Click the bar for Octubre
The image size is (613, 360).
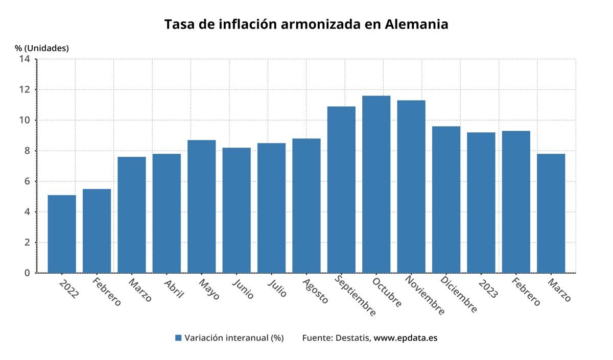coord(376,184)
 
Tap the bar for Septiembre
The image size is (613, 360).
coord(341,189)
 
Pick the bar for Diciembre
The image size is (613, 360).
coord(446,200)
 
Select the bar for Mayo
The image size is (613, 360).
coord(201,206)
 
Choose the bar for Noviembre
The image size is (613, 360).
coord(411,186)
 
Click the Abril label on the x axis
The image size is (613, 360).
coord(174,288)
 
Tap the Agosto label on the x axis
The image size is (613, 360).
coord(315,291)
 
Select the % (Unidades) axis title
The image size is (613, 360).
coord(42,48)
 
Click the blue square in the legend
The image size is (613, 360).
coord(178,338)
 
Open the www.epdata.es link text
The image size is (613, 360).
coord(406,338)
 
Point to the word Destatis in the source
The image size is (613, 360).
coord(353,338)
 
